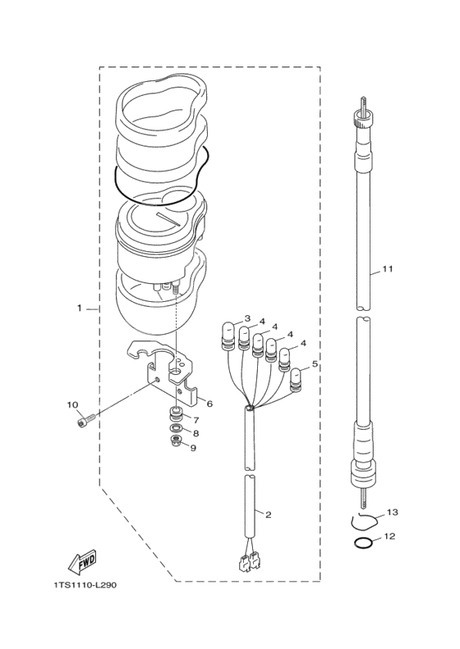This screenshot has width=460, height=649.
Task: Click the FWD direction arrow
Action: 81,563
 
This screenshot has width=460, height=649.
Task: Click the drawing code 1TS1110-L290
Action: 85,585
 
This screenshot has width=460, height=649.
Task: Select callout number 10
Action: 72,404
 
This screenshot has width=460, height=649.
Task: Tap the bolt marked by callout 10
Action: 85,420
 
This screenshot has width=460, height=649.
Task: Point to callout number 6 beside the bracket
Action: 209,404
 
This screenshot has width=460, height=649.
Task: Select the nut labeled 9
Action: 177,441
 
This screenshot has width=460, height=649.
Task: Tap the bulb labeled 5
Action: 297,380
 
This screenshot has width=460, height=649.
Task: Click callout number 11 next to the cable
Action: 388,269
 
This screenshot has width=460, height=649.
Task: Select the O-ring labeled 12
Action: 363,542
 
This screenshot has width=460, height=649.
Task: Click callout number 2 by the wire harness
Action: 268,515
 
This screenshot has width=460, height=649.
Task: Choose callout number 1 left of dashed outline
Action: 79,309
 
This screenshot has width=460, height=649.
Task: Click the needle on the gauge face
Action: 168,220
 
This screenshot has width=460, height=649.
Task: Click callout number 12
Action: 390,537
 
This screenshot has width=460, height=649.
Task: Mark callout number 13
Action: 393,513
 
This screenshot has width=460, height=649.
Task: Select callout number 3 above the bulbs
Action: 247,318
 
